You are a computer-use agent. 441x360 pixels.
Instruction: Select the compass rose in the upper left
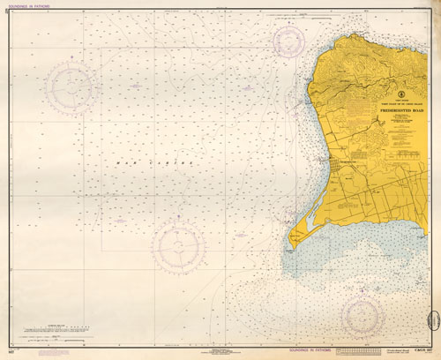(x=70, y=86)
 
